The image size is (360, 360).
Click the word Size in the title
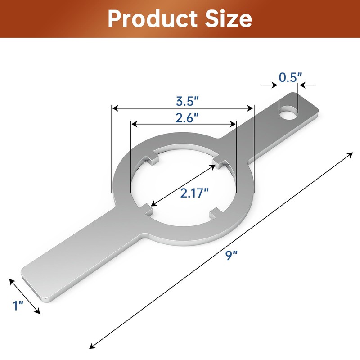pos(226,19)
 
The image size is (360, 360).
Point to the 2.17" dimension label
pos(194,193)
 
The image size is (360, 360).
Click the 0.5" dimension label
pos(289,77)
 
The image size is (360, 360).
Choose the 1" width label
pos(18,306)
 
